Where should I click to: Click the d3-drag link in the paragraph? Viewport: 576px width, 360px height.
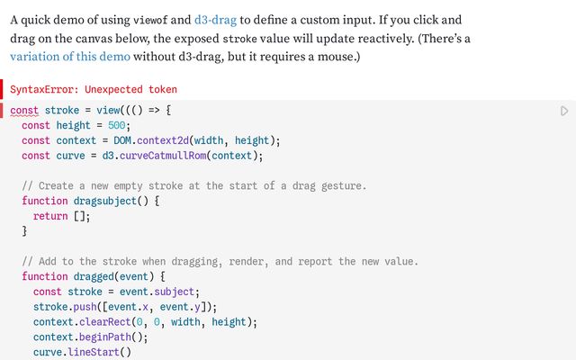tap(215, 20)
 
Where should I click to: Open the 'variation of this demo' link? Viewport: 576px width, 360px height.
tap(70, 57)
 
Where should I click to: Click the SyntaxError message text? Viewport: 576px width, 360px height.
tap(94, 89)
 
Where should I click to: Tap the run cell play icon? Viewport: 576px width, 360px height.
tap(564, 111)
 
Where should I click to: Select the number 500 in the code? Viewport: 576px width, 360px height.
tap(116, 126)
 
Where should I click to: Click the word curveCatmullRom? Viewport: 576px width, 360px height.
tap(163, 156)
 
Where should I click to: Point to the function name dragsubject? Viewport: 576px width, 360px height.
tap(105, 202)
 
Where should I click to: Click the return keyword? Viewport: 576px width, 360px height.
tap(50, 216)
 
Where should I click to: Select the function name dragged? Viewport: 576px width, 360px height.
tap(94, 276)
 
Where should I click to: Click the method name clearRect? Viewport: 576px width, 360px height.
tap(105, 322)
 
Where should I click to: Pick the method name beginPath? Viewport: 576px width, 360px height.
tap(105, 337)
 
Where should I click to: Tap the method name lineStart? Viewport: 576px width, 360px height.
tap(94, 352)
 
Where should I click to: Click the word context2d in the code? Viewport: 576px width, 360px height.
tap(163, 140)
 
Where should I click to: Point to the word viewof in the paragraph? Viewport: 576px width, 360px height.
tap(150, 20)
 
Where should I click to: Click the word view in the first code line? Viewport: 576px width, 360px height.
tap(108, 111)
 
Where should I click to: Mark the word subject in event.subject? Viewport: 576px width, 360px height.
tap(174, 292)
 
